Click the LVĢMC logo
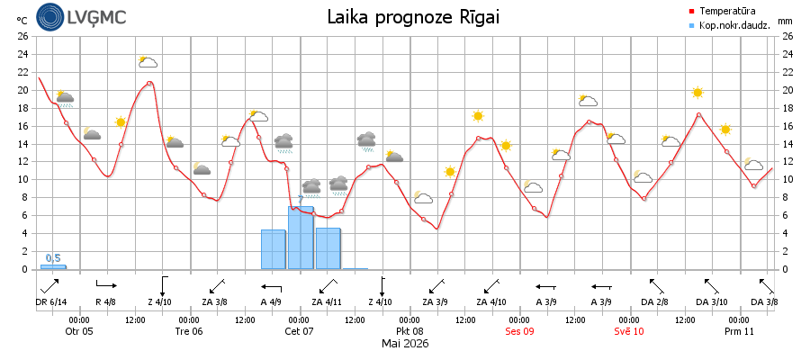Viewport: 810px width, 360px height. point(81,17)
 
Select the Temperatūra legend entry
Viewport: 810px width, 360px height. point(724,10)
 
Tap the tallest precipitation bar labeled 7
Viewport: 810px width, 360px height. point(301,238)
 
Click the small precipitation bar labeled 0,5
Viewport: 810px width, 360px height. point(53,267)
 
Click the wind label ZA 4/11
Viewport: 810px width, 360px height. point(327,302)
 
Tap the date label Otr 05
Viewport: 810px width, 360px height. point(79,331)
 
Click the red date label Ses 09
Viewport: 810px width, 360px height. point(519,331)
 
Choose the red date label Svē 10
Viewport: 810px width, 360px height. point(629,331)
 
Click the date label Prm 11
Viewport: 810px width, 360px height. point(739,331)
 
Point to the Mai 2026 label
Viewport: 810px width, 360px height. point(405,344)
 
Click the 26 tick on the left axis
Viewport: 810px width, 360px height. point(22,36)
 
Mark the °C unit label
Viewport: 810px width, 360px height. point(22,21)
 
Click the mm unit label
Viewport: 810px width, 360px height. point(785,22)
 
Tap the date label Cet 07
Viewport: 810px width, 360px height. point(299,331)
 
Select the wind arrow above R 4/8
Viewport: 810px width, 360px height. point(107,284)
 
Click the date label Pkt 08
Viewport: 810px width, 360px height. point(409,331)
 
